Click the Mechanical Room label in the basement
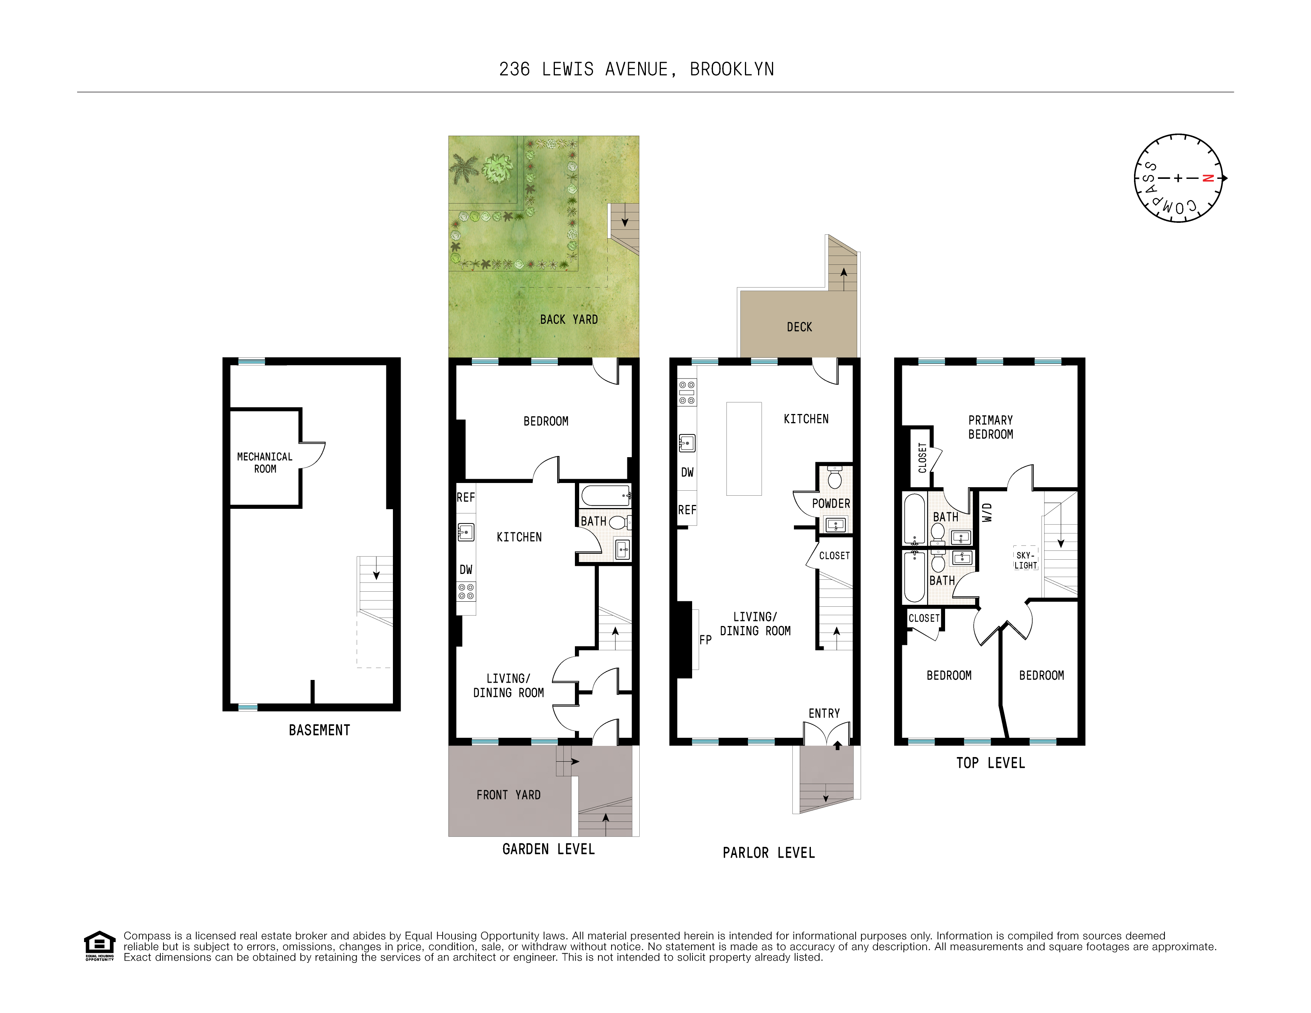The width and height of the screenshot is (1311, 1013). (265, 463)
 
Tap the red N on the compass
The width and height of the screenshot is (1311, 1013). (1208, 178)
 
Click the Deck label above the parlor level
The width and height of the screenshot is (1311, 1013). (799, 327)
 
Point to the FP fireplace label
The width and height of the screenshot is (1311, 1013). (705, 640)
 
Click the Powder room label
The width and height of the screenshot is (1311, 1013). (831, 503)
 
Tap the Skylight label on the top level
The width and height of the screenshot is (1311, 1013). (1025, 560)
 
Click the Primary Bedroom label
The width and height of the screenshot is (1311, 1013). (991, 427)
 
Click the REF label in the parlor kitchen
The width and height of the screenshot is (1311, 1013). (687, 510)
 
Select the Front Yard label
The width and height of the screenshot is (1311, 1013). (509, 795)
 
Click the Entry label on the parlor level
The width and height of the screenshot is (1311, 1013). (824, 713)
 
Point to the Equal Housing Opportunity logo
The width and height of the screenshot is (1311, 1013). (99, 945)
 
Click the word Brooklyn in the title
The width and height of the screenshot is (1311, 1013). (732, 70)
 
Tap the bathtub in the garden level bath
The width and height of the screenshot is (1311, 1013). (605, 496)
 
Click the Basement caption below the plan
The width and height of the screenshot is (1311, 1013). (319, 730)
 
